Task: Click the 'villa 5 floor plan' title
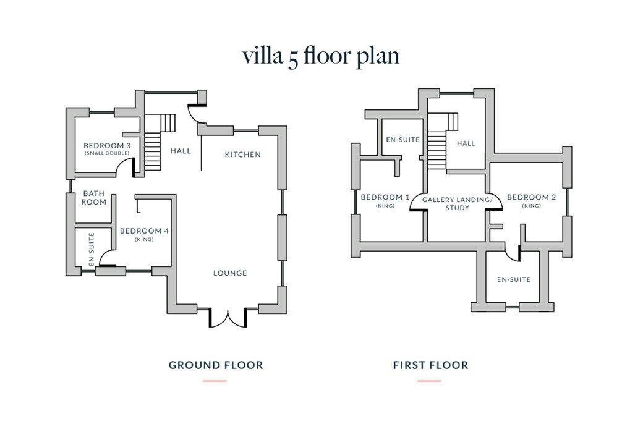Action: (321, 56)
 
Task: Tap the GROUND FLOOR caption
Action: (216, 365)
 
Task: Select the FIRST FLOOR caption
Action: (430, 365)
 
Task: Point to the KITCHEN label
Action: (243, 155)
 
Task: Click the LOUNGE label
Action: (230, 273)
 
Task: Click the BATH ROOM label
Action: (94, 198)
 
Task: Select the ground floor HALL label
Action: (181, 151)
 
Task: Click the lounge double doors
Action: (228, 318)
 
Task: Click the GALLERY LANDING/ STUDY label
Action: (458, 204)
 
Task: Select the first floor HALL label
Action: (466, 143)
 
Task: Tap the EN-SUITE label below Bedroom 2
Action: (514, 279)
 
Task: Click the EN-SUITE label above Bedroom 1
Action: (402, 140)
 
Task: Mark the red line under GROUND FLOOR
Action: (215, 381)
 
